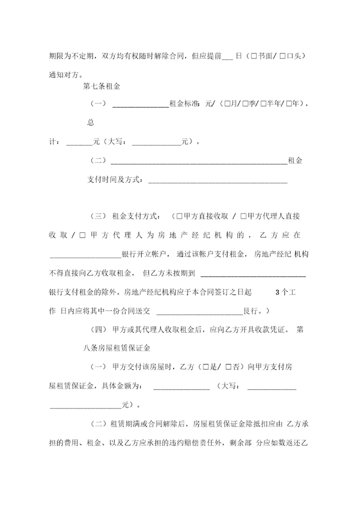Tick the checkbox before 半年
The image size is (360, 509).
click(x=263, y=104)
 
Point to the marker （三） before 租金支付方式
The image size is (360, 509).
click(x=98, y=216)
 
